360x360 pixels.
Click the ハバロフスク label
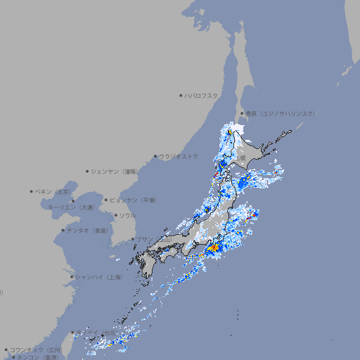pos(202,95)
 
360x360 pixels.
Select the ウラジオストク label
pos(179,156)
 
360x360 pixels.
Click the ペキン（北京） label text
pos(54,191)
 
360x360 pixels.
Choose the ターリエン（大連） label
pos(71,207)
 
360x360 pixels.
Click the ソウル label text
pos(127,215)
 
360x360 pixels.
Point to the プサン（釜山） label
pos(154,239)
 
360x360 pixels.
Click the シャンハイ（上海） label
pos(99,277)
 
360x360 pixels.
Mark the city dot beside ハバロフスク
pos(181,95)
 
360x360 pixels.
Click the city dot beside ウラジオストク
pos(155,156)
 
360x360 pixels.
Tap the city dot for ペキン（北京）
pos(32,191)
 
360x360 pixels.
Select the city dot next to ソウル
pos(115,215)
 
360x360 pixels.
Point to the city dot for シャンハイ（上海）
pos(72,277)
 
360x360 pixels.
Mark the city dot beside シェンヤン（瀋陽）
pos(88,171)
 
